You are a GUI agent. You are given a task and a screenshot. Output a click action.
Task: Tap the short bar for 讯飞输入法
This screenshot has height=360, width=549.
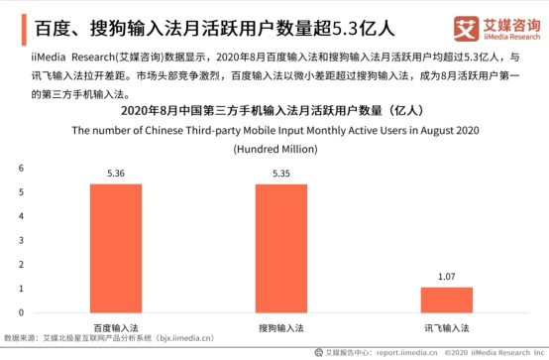point(446,300)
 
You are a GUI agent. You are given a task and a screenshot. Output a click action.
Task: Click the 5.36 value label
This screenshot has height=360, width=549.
point(116,175)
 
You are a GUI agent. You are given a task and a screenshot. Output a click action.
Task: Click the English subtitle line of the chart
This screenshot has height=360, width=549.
point(274,131)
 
